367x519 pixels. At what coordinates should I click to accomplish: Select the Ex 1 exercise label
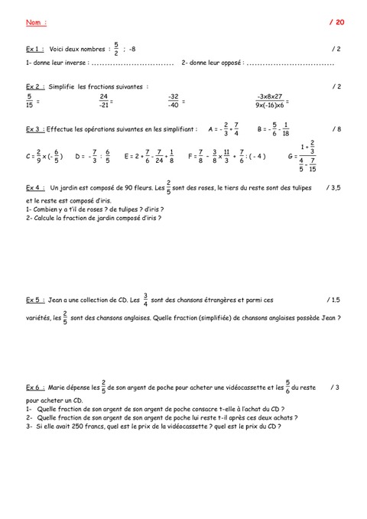(32, 50)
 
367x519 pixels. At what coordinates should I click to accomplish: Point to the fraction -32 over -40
(173, 101)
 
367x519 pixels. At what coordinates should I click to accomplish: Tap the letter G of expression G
(291, 157)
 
